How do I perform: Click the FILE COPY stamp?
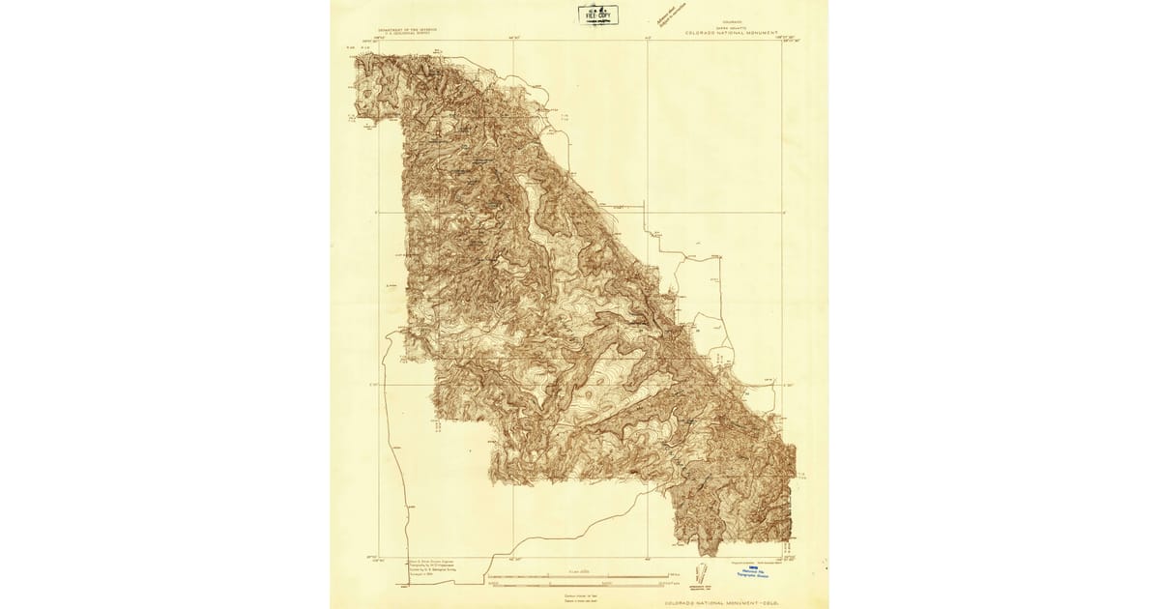coord(596,13)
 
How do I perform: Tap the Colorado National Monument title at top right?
coord(731,32)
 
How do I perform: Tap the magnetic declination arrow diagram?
coord(703,575)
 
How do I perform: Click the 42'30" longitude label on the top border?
coord(512,38)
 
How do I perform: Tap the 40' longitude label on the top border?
coord(648,38)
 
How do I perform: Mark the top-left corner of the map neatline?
coord(379,41)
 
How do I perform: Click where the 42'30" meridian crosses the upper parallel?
coord(512,213)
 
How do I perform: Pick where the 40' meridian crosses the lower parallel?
coord(648,385)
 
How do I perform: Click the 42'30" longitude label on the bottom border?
coord(512,562)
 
